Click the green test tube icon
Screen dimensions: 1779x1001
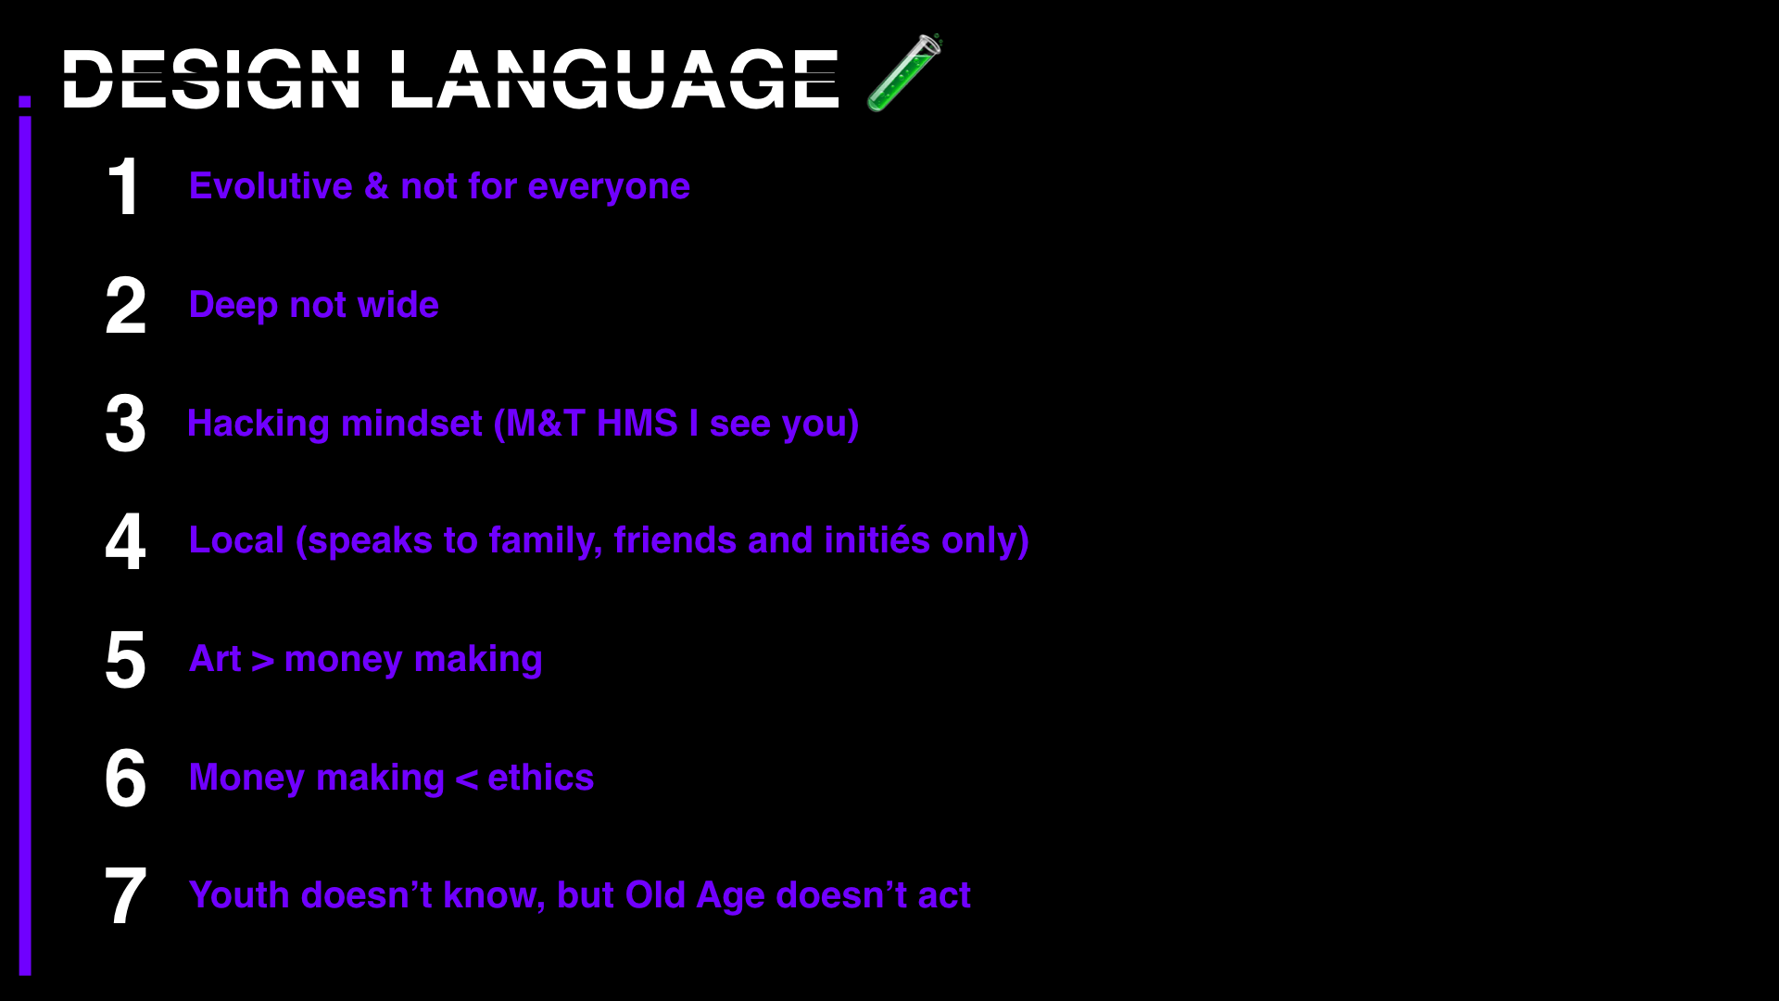tap(904, 72)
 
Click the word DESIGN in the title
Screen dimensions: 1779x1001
tap(211, 80)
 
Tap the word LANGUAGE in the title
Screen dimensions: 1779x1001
tap(614, 80)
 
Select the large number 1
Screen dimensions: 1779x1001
tap(124, 186)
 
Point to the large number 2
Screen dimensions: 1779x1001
tap(125, 305)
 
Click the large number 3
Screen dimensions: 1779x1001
tap(125, 424)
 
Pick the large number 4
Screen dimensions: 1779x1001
tap(125, 541)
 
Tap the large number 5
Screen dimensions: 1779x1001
tap(125, 660)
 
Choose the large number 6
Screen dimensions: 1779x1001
tap(125, 778)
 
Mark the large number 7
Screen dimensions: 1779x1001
tap(125, 896)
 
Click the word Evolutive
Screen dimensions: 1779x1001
tap(271, 186)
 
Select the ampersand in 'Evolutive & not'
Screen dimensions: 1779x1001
tap(376, 186)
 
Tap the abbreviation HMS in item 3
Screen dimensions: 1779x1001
tap(637, 424)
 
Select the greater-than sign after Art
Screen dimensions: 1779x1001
tap(262, 661)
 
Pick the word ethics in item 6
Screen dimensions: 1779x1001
tap(540, 778)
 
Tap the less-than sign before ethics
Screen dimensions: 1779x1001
tap(466, 779)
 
